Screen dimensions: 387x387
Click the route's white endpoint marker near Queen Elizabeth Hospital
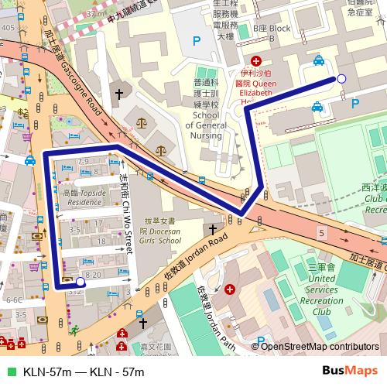[x=341, y=78]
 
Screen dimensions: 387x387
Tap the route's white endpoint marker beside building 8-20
[x=80, y=283]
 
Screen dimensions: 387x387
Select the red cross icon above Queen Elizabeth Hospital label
[x=256, y=60]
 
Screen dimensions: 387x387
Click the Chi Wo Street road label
[x=125, y=213]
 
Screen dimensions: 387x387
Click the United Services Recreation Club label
[x=320, y=289]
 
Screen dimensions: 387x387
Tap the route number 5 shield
[x=321, y=232]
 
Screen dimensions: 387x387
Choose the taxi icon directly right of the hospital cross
[x=318, y=60]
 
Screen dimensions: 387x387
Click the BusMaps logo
[x=355, y=372]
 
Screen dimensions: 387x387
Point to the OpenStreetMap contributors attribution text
[x=320, y=347]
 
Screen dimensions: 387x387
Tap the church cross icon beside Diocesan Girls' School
[x=212, y=230]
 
